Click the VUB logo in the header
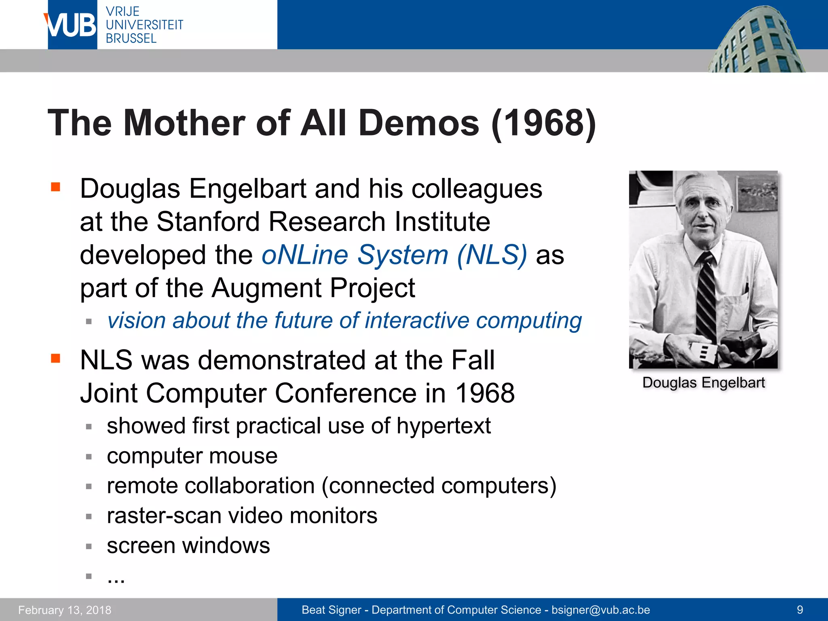72,25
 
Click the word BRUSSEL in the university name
131,39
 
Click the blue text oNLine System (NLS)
394,255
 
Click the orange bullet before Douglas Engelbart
55,187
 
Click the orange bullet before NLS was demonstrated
55,358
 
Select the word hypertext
444,426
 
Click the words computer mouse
192,456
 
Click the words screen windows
188,546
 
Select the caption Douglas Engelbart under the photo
703,382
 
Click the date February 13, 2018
65,610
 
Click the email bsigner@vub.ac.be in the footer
601,610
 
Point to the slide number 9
800,610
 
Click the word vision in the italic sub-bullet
137,321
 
